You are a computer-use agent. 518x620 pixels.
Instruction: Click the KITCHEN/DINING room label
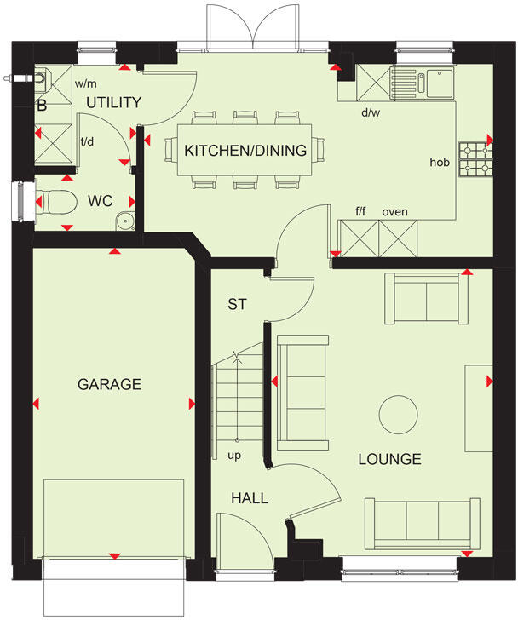(245, 151)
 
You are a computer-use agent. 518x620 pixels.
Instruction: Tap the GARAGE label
(109, 384)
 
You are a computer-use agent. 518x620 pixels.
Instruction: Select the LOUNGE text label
(389, 459)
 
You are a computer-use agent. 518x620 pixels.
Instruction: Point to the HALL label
(250, 498)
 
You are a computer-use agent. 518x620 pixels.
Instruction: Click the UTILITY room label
(112, 102)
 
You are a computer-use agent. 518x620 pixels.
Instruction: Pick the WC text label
(101, 202)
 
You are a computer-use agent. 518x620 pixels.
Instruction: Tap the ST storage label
(237, 304)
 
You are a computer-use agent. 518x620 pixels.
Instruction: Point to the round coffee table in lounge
(396, 413)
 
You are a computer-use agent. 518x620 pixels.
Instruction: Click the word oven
(394, 211)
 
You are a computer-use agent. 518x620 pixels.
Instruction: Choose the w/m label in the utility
(84, 84)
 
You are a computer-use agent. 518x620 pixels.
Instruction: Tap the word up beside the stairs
(233, 456)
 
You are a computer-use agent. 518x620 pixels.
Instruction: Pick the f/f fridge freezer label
(361, 211)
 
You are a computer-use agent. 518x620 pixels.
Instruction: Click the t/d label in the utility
(87, 141)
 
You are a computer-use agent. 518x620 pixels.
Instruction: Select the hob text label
(439, 161)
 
